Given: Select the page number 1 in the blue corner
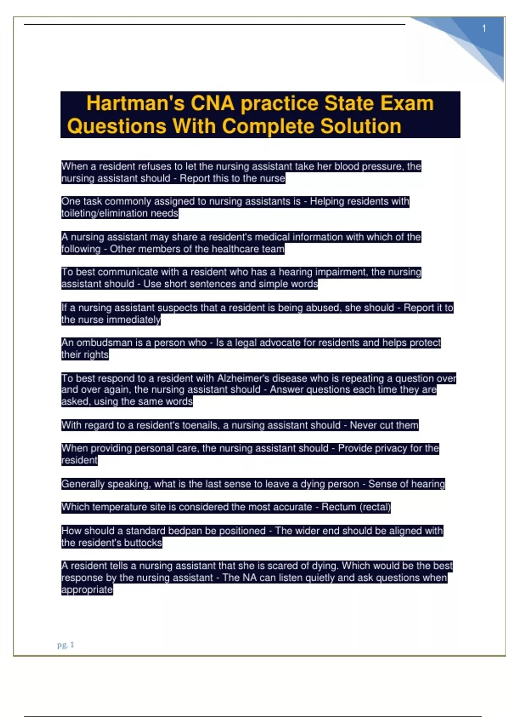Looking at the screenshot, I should pyautogui.click(x=484, y=28).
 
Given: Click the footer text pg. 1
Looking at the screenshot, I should pyautogui.click(x=66, y=644).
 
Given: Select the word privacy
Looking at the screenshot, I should pyautogui.click(x=385, y=448).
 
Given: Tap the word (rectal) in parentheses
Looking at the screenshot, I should pyautogui.click(x=375, y=507).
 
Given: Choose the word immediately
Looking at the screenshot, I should pyautogui.click(x=134, y=319).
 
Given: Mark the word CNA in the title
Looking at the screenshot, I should pyautogui.click(x=213, y=103).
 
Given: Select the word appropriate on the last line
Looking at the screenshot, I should pyautogui.click(x=87, y=589).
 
